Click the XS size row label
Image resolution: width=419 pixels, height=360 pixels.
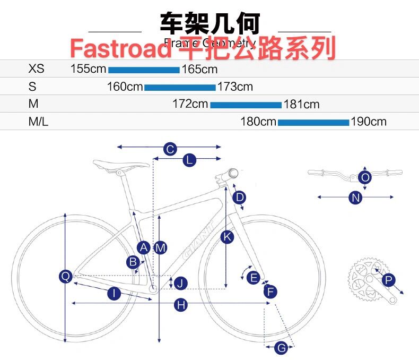[37, 69]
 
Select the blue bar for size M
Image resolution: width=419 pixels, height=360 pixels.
[246, 105]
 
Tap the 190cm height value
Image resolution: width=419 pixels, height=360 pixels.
[369, 122]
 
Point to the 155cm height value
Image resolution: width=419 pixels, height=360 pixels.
[89, 69]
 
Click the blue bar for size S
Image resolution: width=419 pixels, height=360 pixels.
[180, 87]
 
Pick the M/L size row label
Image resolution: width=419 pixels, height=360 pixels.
[38, 122]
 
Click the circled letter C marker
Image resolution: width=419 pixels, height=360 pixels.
[170, 149]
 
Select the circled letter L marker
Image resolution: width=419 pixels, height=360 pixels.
[189, 160]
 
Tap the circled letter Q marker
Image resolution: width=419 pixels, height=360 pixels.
[66, 276]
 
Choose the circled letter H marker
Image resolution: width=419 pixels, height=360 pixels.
[181, 305]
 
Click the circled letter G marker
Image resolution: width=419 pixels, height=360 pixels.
[282, 348]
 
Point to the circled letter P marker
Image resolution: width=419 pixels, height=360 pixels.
[389, 280]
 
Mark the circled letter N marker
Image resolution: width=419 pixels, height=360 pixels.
[355, 198]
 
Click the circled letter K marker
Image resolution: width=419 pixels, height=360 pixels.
[227, 237]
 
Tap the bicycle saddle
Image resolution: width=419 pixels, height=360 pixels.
[121, 165]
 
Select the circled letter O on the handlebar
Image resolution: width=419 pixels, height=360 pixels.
[365, 177]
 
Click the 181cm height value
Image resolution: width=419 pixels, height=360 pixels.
[302, 105]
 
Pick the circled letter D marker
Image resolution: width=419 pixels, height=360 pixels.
[240, 198]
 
